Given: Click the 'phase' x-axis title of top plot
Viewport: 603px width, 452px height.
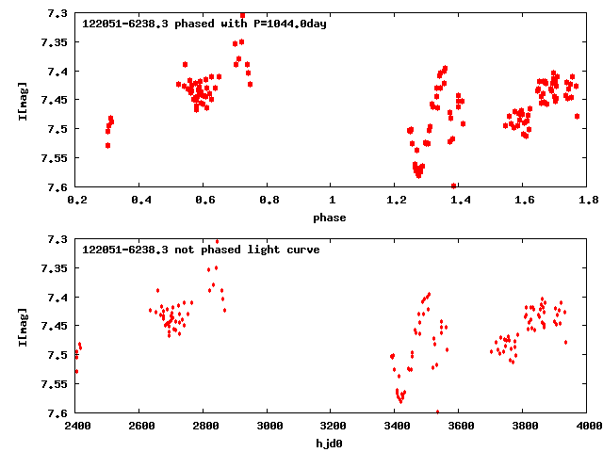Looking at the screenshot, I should point(330,218).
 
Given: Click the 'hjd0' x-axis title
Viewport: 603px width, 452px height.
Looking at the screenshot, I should point(330,444).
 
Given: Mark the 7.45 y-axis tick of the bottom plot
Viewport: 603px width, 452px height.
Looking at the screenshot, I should point(54,326).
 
